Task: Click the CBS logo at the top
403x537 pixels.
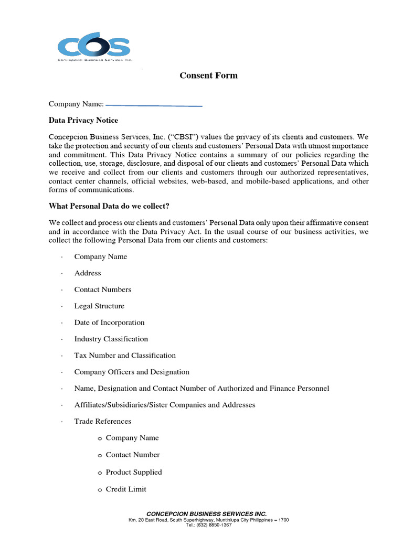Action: (x=94, y=47)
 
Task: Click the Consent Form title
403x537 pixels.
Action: (x=208, y=76)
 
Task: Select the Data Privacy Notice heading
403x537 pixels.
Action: (x=83, y=120)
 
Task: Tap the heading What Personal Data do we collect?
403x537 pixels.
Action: (x=109, y=206)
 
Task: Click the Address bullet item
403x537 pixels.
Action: (x=88, y=273)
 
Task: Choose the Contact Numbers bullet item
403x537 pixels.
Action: (x=103, y=289)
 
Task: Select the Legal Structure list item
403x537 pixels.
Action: (x=99, y=306)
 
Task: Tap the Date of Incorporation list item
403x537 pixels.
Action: (x=109, y=323)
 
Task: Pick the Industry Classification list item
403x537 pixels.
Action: (x=111, y=339)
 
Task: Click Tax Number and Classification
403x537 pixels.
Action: (x=125, y=356)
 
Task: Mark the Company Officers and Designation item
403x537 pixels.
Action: (x=132, y=372)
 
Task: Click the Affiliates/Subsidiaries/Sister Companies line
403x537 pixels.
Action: (x=165, y=405)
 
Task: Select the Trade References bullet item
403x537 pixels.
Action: (x=103, y=421)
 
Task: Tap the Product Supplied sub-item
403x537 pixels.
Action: (x=134, y=472)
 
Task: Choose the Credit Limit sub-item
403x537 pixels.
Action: (x=126, y=489)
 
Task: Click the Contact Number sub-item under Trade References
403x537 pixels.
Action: (x=133, y=455)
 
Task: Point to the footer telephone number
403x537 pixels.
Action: (x=208, y=525)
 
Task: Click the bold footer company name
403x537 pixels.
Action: (x=206, y=513)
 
